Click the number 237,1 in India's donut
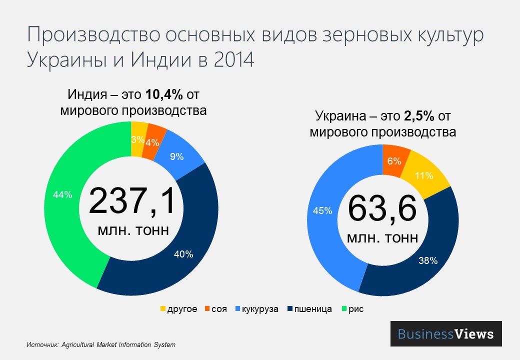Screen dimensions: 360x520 132,201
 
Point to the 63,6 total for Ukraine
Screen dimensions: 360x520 382,208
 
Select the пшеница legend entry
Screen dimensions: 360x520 310,309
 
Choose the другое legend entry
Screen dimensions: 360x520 178,309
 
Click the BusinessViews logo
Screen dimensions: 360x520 445,334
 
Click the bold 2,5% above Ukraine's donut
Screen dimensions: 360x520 418,116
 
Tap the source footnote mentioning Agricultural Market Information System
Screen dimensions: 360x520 101,345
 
